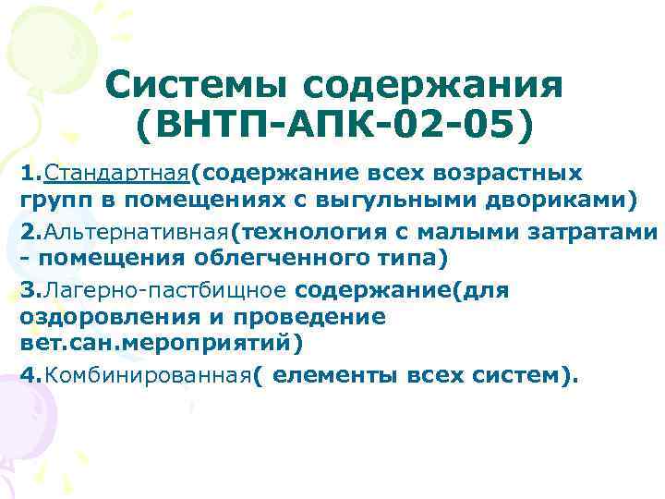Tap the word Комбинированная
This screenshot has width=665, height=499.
tap(148, 375)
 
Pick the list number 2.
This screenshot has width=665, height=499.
tap(27, 231)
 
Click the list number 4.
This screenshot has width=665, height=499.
tap(27, 375)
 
